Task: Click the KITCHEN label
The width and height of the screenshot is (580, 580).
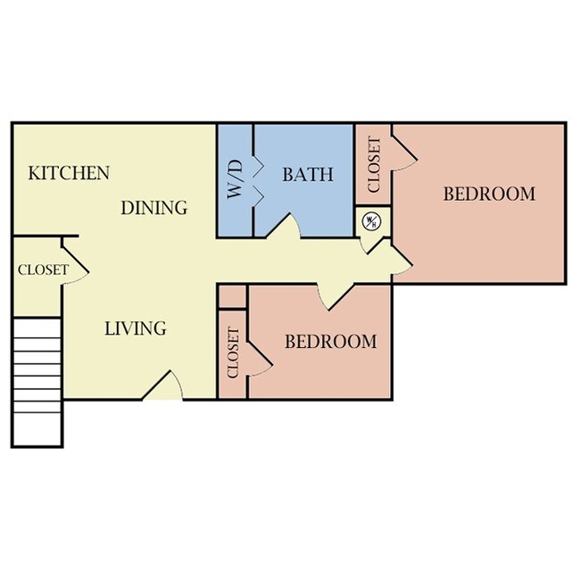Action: pos(69,173)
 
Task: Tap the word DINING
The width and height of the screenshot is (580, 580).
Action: pos(154,208)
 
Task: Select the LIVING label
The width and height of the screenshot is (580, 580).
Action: pos(136,328)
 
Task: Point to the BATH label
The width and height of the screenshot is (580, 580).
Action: pos(308,174)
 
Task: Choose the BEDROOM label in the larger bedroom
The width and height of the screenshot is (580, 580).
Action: pos(489,194)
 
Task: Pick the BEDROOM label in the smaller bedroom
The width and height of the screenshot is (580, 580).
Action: pos(330,342)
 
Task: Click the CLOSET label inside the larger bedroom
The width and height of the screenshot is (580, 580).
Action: pos(374,164)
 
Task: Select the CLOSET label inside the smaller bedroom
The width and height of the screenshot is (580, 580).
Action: pos(234,352)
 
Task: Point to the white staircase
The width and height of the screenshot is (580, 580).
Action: pos(37,384)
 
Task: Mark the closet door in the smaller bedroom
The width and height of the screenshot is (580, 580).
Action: pos(260,354)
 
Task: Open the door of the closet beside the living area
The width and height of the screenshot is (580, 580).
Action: pos(74,264)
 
